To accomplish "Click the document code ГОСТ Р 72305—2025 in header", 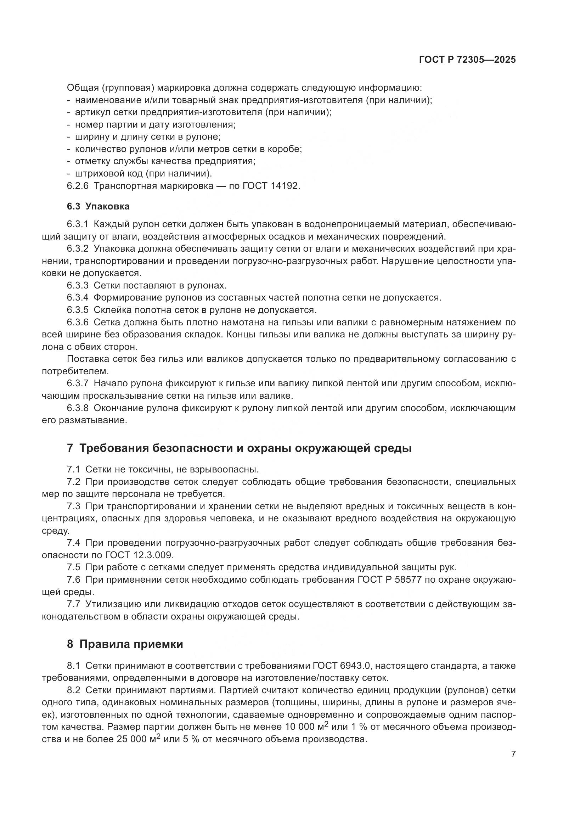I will point(467,60).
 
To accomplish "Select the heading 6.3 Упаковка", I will point(98,207).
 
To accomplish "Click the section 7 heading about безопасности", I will point(239,448).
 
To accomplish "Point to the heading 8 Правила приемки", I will point(125,644).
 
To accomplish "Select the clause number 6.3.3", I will point(77,286).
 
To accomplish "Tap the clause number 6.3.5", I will point(77,310).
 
